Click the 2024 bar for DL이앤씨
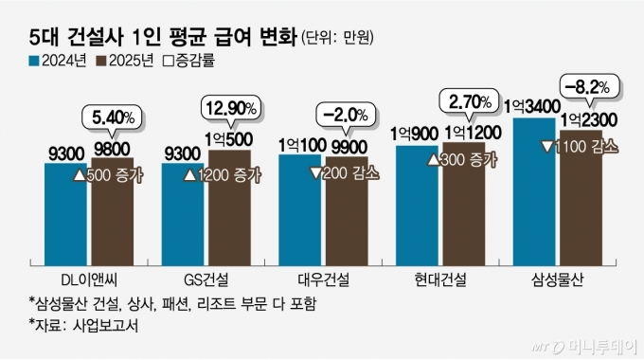click(x=66, y=213)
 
